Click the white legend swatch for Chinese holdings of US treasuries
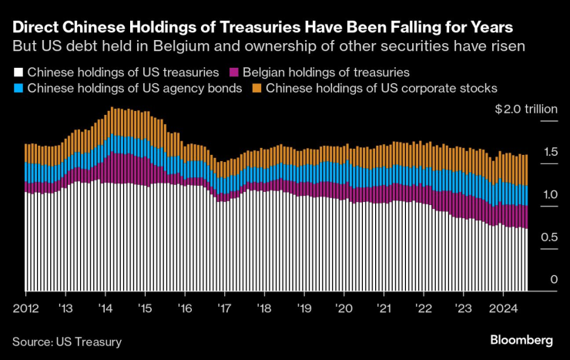pos(17,72)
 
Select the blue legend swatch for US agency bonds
pos(17,88)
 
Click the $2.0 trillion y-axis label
pos(526,109)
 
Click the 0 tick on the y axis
pos(553,280)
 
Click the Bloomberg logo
pos(521,340)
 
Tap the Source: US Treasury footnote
pos(67,341)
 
